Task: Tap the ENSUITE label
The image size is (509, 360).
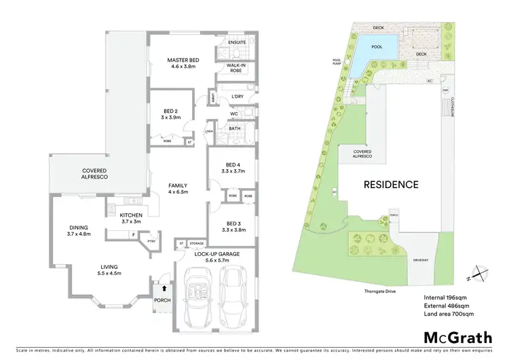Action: click(x=237, y=41)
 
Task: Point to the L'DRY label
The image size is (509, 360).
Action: click(x=237, y=96)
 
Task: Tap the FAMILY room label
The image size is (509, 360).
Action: click(x=178, y=185)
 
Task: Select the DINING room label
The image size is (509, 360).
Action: click(x=79, y=228)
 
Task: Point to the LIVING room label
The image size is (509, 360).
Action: click(x=109, y=267)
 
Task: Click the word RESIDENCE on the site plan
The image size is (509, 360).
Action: click(x=390, y=184)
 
